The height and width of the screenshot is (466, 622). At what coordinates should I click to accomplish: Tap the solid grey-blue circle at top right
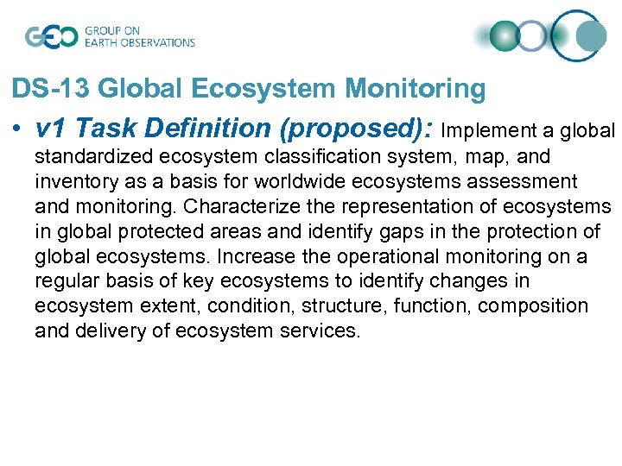point(591,35)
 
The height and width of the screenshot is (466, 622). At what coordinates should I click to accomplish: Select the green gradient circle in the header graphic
point(504,36)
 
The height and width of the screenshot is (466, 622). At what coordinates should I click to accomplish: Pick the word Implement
point(483,131)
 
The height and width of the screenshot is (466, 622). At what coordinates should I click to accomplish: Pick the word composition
point(532,306)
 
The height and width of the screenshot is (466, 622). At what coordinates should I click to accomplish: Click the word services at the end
point(325,331)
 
